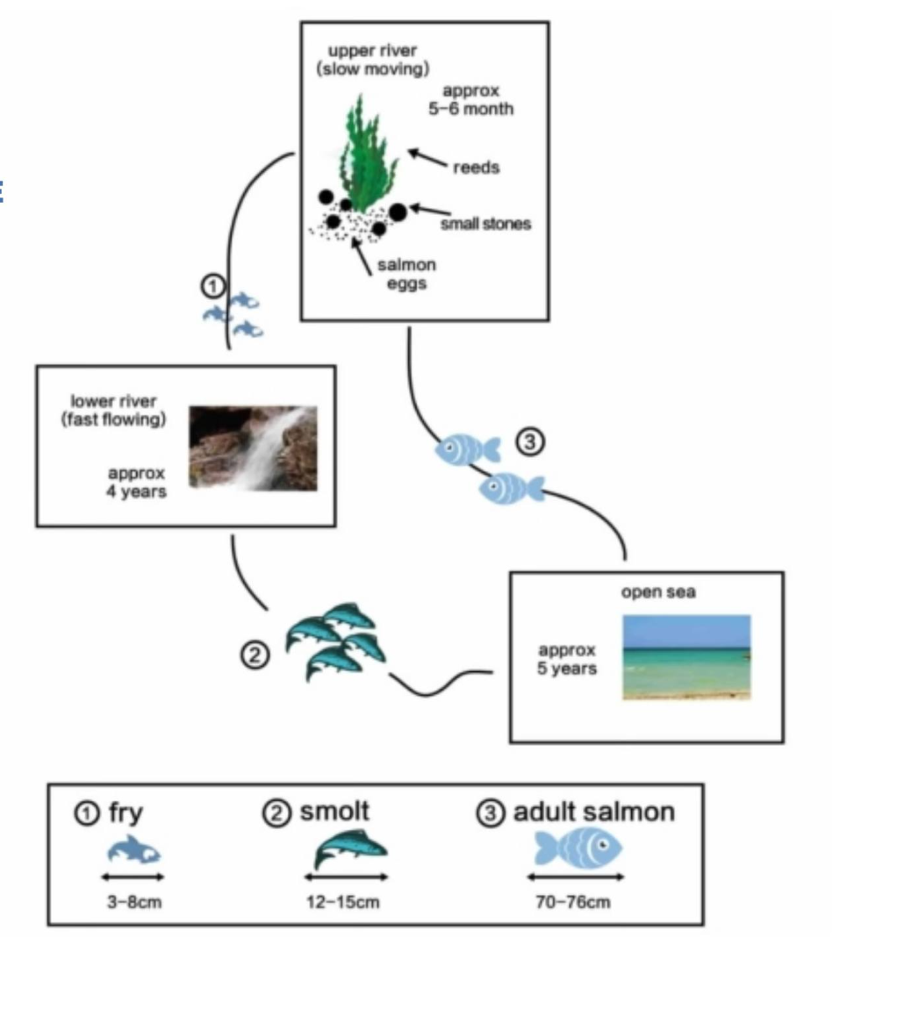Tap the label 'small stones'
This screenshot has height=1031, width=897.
pos(485,224)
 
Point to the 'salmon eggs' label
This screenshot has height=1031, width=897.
pos(406,274)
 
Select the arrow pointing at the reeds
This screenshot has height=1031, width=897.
pos(427,158)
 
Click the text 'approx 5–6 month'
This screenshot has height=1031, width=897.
pos(477,100)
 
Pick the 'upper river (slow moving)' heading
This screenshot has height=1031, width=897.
pos(373,58)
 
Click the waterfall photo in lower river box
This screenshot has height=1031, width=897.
pos(254,447)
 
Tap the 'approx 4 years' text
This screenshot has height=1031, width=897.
pos(136,483)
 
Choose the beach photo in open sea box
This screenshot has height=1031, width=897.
pos(686,657)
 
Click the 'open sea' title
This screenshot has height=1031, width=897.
pos(658,592)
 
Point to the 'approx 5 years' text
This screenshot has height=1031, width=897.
pos(567,659)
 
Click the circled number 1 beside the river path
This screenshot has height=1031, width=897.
pos(213,286)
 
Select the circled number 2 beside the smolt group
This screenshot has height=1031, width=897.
pos(255,655)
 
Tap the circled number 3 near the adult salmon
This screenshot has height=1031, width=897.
pos(529,443)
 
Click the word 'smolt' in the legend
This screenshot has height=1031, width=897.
pos(334,812)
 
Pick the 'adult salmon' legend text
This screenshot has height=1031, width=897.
pos(593,813)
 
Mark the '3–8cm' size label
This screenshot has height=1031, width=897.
pos(134,902)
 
